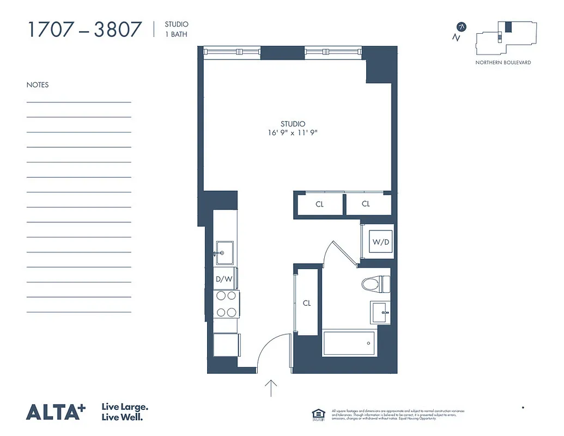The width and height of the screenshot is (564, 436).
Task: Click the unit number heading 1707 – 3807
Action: [84, 29]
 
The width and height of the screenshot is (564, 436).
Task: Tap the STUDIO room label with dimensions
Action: [293, 128]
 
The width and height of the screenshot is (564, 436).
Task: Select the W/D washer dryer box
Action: [380, 241]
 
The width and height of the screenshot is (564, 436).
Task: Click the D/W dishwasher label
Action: [224, 279]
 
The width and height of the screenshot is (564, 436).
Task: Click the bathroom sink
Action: [380, 313]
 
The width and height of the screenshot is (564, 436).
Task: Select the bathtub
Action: [349, 343]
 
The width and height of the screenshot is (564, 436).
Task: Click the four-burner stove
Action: [226, 304]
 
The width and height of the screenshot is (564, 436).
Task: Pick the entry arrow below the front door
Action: [271, 387]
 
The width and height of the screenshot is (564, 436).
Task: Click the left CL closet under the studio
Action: [319, 204]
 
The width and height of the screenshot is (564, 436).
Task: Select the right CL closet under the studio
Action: [366, 204]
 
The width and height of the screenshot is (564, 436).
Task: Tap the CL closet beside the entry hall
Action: [306, 303]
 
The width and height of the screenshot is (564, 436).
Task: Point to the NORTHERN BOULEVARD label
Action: [503, 63]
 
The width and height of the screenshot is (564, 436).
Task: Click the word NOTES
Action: [38, 85]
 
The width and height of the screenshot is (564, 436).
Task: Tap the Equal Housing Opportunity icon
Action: [317, 414]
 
